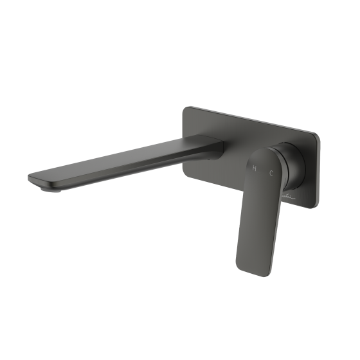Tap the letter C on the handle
click(x=272, y=173)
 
